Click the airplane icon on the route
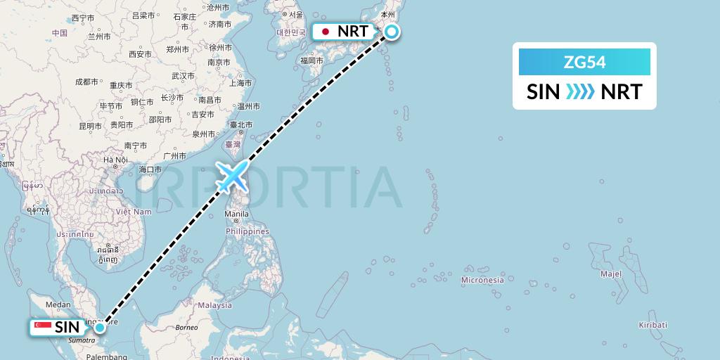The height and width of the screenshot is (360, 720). [233, 175]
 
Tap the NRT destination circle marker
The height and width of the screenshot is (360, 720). [390, 32]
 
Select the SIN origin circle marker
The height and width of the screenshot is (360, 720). [100, 327]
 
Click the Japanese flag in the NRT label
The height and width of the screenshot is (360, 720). [326, 32]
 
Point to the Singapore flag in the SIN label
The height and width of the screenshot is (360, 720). [43, 327]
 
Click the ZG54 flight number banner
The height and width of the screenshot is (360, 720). [584, 63]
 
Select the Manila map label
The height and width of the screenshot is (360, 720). [238, 214]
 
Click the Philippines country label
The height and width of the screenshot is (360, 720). [247, 231]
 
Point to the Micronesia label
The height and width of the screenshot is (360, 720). [482, 280]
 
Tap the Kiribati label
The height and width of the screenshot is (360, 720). [652, 325]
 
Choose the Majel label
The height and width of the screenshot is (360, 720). [611, 273]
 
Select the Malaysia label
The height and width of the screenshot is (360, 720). [214, 305]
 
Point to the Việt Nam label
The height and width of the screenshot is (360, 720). [134, 211]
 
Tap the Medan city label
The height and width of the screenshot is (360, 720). [57, 304]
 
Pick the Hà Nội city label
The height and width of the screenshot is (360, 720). [116, 160]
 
